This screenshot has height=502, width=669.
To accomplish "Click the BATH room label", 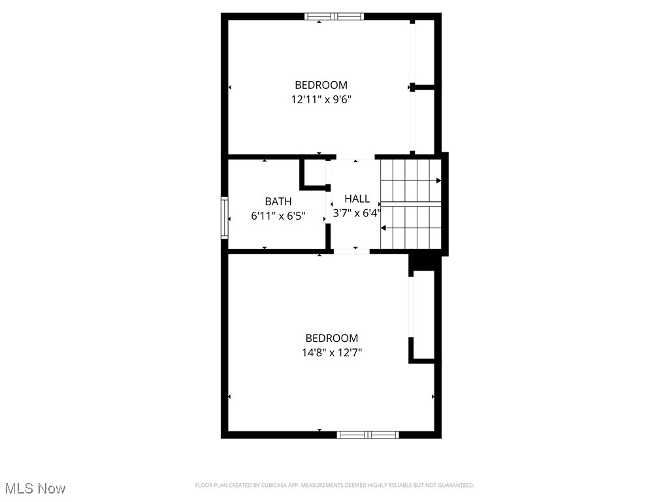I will click(x=278, y=201).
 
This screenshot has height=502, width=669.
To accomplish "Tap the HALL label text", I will click(x=357, y=199).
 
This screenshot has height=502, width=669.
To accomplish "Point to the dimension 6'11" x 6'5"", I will click(x=278, y=216).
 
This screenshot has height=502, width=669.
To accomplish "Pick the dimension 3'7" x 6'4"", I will click(x=357, y=213).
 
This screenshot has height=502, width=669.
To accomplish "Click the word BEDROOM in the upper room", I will click(x=321, y=85).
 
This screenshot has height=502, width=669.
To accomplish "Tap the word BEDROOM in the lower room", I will click(x=332, y=338).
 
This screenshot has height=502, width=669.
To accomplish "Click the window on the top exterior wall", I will click(x=334, y=16).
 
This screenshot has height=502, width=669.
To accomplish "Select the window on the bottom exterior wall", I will click(x=368, y=434).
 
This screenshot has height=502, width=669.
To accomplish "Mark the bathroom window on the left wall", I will click(x=225, y=218).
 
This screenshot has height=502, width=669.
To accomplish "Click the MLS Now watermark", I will click(x=35, y=488).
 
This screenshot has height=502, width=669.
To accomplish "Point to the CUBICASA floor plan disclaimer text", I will click(x=334, y=485).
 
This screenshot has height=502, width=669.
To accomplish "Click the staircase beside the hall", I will click(x=410, y=204).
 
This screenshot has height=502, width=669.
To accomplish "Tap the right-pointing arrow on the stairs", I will click(x=438, y=180).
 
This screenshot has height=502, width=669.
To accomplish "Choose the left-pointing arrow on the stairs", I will click(x=383, y=228).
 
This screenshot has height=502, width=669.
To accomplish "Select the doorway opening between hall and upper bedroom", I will click(x=355, y=158).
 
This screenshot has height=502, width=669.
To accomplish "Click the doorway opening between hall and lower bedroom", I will click(x=352, y=250).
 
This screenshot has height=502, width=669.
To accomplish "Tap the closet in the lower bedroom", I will click(x=423, y=317).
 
